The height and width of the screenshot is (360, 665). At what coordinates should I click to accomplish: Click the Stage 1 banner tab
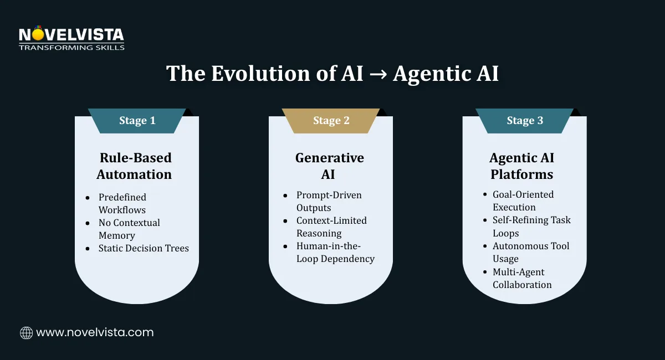[x=137, y=121]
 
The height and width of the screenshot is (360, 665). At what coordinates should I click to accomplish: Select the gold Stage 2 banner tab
[x=331, y=121]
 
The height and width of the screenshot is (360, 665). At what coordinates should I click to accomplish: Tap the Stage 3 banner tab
[x=524, y=121]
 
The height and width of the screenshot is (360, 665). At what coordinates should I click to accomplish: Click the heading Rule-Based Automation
[x=134, y=166]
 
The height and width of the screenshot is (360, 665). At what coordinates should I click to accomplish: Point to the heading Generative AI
[x=329, y=166]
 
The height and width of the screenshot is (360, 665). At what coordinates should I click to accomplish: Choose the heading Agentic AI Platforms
[x=521, y=166]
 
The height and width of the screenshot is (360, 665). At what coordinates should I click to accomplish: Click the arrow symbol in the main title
[x=378, y=74]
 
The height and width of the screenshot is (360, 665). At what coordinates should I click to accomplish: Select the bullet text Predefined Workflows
[x=122, y=203]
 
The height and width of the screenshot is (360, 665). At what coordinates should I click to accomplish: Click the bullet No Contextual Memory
[x=129, y=229]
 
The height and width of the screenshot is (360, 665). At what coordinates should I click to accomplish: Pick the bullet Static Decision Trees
[x=144, y=248]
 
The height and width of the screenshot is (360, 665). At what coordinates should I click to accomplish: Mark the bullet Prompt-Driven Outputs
[x=329, y=201]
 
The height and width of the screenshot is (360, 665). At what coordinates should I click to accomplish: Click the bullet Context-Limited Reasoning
[x=331, y=227]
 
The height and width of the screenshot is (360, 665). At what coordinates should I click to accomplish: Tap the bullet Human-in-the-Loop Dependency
[x=335, y=252]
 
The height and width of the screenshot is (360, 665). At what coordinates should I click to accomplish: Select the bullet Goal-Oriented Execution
[x=523, y=200]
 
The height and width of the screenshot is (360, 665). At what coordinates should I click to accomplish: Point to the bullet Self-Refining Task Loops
[x=531, y=226]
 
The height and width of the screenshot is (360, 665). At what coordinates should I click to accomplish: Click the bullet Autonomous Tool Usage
[x=530, y=252]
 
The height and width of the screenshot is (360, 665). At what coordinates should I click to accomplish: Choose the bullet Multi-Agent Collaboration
[x=521, y=278]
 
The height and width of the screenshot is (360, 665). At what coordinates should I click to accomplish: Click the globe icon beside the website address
[x=26, y=333]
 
